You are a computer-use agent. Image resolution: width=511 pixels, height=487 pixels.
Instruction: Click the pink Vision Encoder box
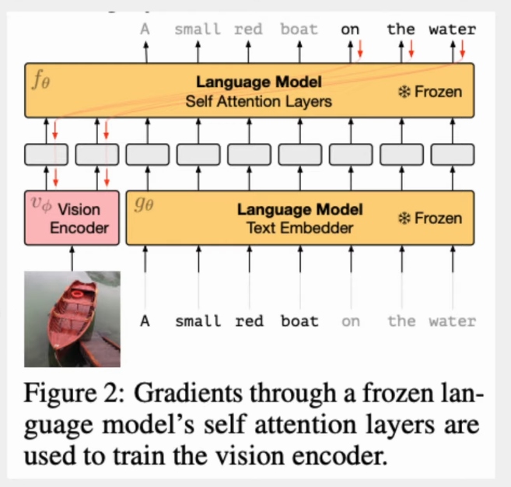pos(72,218)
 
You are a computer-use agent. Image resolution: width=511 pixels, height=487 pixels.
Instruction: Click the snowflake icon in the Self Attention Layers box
pos(404,92)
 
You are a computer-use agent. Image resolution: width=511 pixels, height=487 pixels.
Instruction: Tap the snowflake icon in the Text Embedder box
pos(404,218)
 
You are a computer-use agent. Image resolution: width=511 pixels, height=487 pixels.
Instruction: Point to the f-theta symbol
pos(41,80)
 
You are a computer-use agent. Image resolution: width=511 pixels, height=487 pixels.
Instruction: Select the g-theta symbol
pos(144,205)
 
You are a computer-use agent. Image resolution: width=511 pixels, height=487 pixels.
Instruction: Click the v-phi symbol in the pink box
pos(41,204)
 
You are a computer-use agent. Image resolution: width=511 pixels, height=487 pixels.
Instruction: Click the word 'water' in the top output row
pos(453,30)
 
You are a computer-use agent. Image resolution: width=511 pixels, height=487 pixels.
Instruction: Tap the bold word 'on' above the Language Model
pos(350,30)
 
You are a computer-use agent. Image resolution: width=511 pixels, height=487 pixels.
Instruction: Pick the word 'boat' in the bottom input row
pos(299,321)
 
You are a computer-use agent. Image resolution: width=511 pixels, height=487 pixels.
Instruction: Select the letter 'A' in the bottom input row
pos(145,321)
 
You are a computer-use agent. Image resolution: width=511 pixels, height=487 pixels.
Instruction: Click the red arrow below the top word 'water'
pos(462,49)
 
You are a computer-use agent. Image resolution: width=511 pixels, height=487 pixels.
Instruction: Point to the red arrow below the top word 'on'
pos(360,49)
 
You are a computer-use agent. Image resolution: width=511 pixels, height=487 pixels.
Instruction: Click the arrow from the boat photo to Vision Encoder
pos(72,258)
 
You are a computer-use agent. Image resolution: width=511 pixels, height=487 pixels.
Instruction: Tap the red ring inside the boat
pos(77,294)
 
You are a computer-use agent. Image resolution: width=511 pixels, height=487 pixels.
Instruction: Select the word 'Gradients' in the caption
pos(188,393)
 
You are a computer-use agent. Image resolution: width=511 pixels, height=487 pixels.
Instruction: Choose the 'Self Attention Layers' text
pos(258,101)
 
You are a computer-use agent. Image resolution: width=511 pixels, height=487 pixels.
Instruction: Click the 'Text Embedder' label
pos(299,228)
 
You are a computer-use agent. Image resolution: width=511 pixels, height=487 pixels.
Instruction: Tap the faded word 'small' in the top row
pos(198,30)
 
